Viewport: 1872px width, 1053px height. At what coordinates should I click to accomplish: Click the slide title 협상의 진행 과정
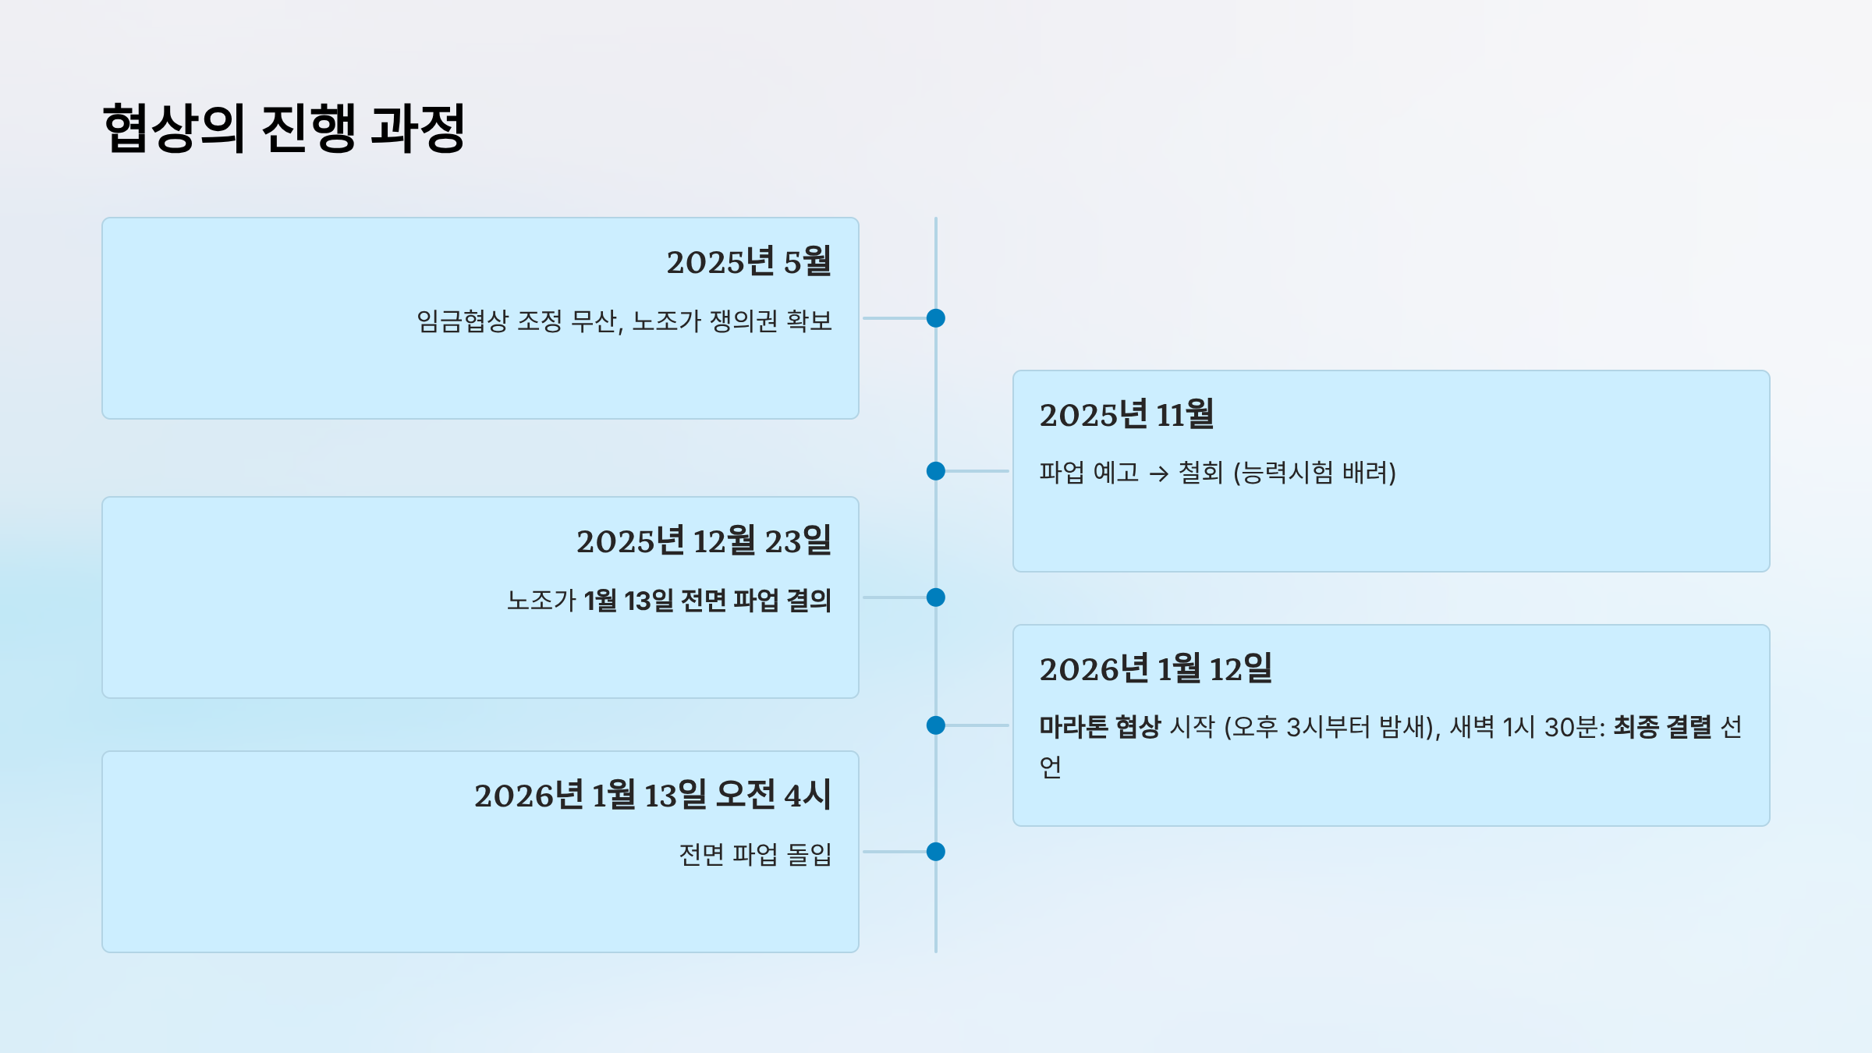click(x=284, y=127)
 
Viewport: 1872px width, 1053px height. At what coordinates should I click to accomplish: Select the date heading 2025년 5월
click(x=748, y=262)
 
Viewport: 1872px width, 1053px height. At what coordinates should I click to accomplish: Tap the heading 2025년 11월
click(x=1126, y=415)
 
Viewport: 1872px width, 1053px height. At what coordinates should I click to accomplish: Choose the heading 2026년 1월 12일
click(x=1155, y=669)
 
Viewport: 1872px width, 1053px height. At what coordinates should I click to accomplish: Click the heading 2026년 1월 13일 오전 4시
click(x=652, y=796)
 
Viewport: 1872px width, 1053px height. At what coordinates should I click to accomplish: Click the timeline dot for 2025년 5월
click(x=936, y=318)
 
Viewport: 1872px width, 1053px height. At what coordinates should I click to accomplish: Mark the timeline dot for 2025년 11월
click(x=936, y=471)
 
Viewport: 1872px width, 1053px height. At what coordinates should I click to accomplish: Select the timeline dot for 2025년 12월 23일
click(x=936, y=597)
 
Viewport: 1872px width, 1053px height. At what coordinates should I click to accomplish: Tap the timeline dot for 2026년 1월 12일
click(x=936, y=725)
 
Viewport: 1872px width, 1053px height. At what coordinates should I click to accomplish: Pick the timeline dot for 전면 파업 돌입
click(x=936, y=852)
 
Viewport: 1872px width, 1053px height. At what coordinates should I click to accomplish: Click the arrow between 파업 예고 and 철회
click(x=1159, y=473)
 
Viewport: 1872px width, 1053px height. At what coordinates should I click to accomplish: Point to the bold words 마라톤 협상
click(x=1100, y=727)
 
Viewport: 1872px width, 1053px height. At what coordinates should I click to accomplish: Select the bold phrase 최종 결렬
click(x=1661, y=727)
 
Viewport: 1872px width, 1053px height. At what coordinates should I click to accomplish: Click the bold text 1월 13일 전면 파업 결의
click(x=707, y=601)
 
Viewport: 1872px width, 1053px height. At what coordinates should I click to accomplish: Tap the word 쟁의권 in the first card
click(x=743, y=321)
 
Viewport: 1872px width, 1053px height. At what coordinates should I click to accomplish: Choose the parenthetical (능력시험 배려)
click(x=1314, y=473)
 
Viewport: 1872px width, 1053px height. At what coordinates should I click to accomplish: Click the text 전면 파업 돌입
click(x=755, y=855)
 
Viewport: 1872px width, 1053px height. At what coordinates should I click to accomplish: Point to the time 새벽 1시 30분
click(x=1526, y=727)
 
